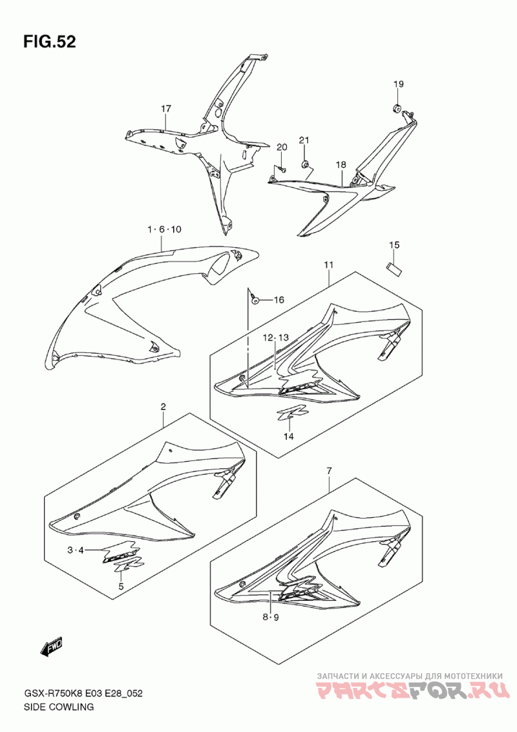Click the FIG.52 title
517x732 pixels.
pyautogui.click(x=50, y=41)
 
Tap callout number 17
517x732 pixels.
pyautogui.click(x=166, y=109)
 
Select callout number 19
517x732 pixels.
pyautogui.click(x=398, y=84)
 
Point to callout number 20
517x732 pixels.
pyautogui.click(x=282, y=147)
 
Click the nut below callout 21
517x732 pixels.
pyautogui.click(x=304, y=164)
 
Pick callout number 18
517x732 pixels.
pyautogui.click(x=341, y=164)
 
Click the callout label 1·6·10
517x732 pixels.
pyautogui.click(x=164, y=229)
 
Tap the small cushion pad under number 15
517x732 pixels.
pyautogui.click(x=394, y=268)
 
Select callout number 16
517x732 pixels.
pyautogui.click(x=279, y=299)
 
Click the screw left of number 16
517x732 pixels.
pyautogui.click(x=255, y=300)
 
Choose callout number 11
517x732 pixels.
pyautogui.click(x=328, y=264)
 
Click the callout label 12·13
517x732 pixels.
pyautogui.click(x=275, y=337)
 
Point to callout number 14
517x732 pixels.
pyautogui.click(x=289, y=436)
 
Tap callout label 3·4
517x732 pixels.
pyautogui.click(x=75, y=550)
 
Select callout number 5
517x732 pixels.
pyautogui.click(x=121, y=587)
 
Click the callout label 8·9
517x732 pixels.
pyautogui.click(x=270, y=618)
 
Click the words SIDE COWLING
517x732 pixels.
pyautogui.click(x=59, y=707)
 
